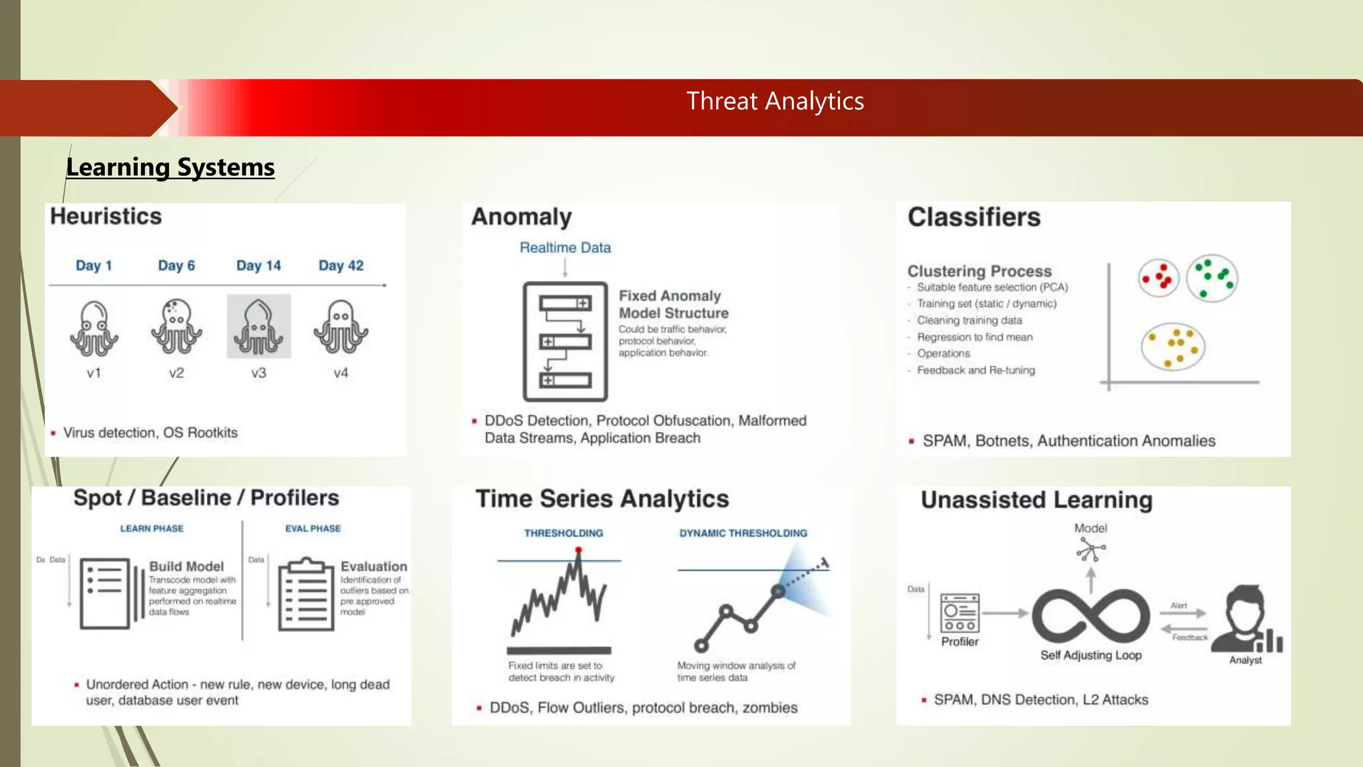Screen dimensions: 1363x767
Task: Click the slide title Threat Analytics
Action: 775,101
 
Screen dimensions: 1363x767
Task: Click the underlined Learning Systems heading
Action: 170,167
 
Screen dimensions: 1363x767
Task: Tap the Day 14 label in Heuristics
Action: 258,266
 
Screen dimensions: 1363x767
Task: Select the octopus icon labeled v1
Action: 94,328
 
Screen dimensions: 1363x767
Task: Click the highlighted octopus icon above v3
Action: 258,327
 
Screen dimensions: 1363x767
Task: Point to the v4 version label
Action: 341,373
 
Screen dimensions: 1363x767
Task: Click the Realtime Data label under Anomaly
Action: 565,248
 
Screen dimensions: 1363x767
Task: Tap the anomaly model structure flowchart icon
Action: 565,342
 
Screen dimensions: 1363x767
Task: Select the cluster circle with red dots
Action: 1158,278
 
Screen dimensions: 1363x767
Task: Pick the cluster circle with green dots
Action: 1212,278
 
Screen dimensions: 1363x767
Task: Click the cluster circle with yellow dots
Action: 1173,347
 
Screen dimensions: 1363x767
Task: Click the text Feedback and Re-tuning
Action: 976,370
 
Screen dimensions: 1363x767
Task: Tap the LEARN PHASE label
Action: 152,529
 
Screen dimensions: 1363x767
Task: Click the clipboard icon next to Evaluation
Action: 305,594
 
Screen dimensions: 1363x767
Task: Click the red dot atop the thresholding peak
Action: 578,550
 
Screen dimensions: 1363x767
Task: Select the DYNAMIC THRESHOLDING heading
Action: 743,533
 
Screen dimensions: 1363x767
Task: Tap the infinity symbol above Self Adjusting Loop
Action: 1090,616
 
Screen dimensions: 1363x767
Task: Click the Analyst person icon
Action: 1245,619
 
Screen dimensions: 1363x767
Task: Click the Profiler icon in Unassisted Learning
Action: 960,613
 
